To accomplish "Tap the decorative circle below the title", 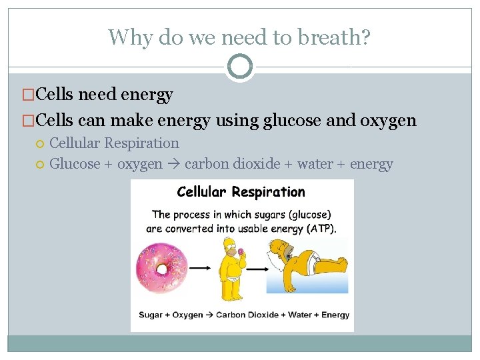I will (x=240, y=67).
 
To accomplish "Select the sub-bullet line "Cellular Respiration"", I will (x=114, y=143).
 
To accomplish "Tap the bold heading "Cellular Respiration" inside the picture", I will (x=241, y=193).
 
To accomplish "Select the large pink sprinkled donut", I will (x=161, y=268).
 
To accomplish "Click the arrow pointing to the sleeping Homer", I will (x=257, y=268).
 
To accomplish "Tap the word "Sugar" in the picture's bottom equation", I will (x=151, y=315).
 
